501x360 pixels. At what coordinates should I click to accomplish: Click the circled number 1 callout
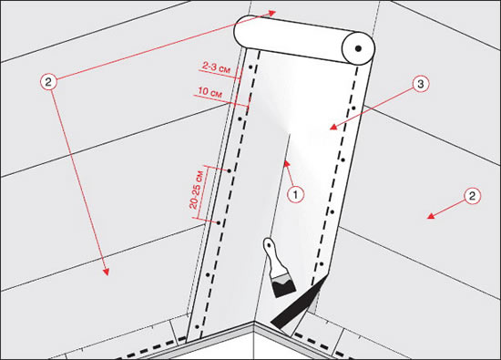click(295, 194)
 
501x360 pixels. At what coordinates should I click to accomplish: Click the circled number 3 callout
click(421, 84)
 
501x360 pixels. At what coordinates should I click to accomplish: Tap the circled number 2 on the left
click(48, 82)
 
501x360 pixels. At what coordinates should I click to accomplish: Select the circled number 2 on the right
click(472, 196)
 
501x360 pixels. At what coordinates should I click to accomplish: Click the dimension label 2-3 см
click(216, 67)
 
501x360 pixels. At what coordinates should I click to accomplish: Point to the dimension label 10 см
click(210, 92)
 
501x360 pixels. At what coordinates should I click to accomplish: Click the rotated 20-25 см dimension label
click(196, 190)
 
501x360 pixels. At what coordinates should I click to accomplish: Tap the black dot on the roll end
click(358, 48)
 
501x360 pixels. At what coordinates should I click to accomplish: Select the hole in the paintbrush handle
click(269, 244)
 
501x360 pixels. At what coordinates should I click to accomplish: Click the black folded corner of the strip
click(299, 303)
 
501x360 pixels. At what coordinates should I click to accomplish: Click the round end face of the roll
click(358, 48)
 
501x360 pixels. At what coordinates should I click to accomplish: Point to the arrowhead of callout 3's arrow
click(333, 127)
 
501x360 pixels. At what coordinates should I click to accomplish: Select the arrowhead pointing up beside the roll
click(271, 13)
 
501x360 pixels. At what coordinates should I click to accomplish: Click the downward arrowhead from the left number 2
click(106, 272)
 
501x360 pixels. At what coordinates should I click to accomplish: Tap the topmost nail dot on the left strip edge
click(250, 67)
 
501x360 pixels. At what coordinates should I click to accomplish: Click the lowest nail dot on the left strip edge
click(197, 327)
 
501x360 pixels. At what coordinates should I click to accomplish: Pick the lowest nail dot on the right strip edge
click(322, 264)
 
